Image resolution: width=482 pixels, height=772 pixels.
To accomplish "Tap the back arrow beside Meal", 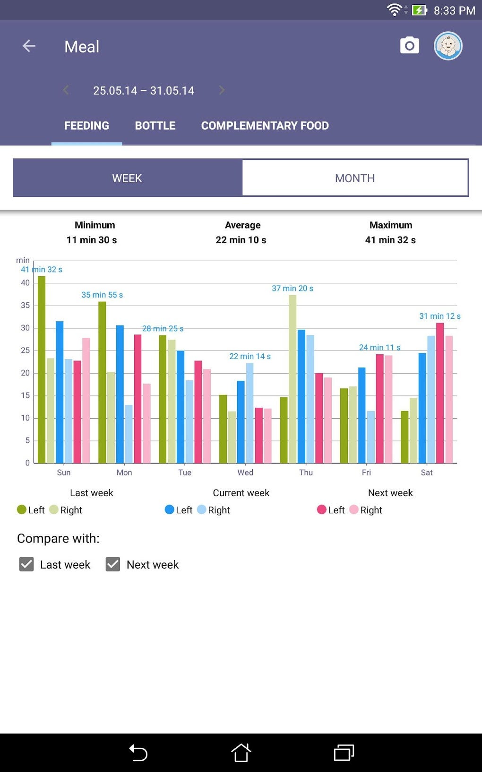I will [x=29, y=46].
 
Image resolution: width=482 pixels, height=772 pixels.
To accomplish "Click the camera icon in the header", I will [x=409, y=45].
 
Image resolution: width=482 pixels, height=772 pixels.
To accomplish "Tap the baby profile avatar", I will [x=448, y=46].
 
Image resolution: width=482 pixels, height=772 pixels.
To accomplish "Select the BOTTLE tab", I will [x=155, y=126].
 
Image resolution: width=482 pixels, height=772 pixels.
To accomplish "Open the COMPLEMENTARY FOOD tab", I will [x=265, y=126].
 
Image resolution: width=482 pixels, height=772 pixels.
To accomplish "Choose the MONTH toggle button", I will [x=355, y=178].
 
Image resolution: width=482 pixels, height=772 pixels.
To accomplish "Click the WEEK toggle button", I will [x=127, y=178].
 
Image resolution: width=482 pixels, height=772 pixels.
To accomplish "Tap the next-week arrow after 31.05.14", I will [x=222, y=90].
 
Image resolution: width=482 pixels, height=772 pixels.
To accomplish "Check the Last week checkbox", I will [x=26, y=564].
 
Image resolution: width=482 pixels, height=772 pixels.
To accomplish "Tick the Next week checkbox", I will [x=113, y=564].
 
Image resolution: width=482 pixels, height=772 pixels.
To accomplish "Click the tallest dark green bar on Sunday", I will [x=42, y=369].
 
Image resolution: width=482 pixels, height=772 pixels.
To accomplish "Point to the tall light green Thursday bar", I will [x=293, y=378].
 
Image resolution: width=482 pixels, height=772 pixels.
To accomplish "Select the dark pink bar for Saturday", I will [x=440, y=393].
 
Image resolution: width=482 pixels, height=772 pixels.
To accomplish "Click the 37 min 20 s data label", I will [x=292, y=289].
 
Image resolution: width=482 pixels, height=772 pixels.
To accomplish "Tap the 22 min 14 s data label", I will [x=250, y=356].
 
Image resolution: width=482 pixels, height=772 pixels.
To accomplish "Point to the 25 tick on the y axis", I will [x=26, y=351].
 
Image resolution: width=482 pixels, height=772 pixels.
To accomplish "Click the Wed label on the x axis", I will [x=245, y=473].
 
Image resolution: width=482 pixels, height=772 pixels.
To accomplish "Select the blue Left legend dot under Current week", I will [x=169, y=509].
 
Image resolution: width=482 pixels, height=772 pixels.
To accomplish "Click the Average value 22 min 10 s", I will [x=241, y=240].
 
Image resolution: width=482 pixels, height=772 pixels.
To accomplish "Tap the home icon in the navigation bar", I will [x=241, y=753].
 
